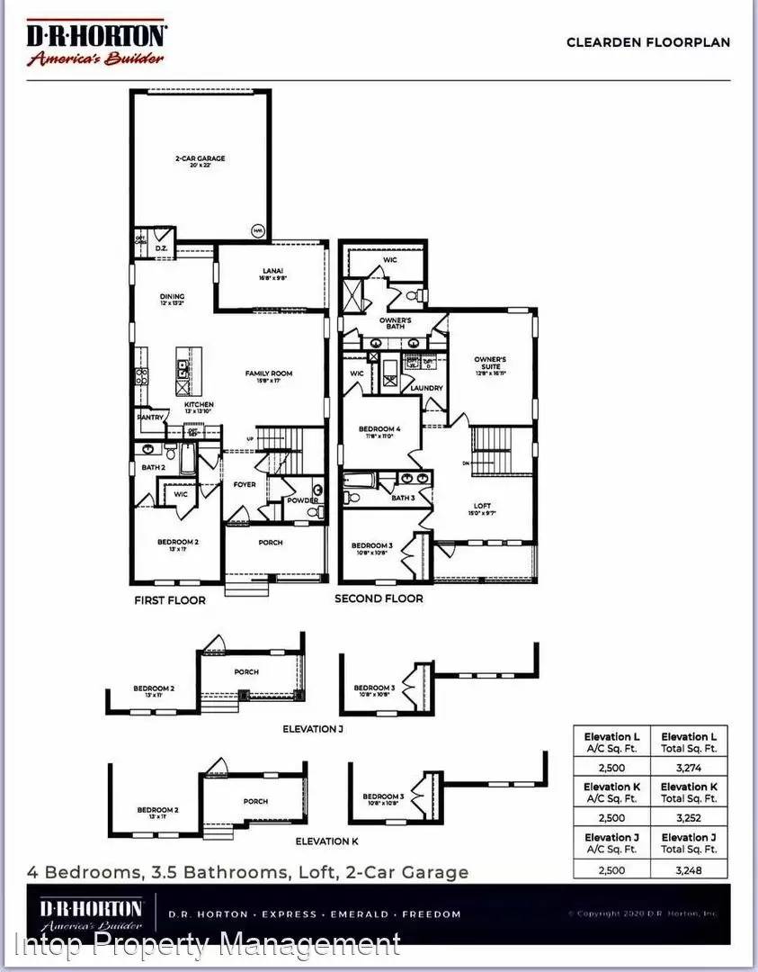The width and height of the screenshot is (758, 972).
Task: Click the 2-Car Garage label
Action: click(200, 158)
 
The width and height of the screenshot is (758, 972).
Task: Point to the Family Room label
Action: click(270, 373)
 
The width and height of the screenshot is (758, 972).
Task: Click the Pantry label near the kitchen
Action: click(149, 417)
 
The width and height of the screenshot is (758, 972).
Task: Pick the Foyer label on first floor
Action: click(245, 484)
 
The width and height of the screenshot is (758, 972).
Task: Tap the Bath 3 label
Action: click(403, 497)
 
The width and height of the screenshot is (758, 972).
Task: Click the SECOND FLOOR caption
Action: click(379, 598)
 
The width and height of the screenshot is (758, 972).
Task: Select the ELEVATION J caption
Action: click(313, 728)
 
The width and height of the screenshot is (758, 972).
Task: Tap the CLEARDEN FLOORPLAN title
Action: click(647, 41)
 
